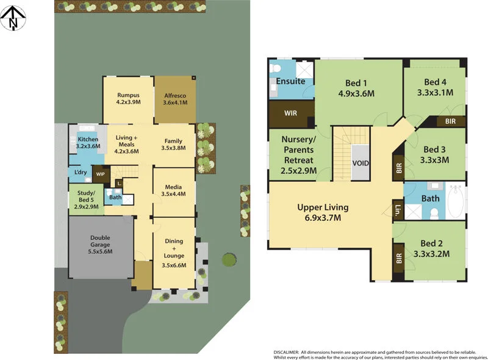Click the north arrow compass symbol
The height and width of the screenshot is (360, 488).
tap(13, 18)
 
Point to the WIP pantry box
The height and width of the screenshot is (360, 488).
tap(100, 175)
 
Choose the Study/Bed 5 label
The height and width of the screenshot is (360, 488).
tap(85, 199)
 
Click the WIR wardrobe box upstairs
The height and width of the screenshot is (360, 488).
tap(291, 113)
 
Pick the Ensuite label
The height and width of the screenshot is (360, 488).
tap(290, 81)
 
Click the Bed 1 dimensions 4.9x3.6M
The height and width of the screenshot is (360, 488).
tap(356, 94)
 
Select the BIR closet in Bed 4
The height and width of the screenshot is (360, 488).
tap(450, 121)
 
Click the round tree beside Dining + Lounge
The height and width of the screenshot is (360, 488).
tap(228, 259)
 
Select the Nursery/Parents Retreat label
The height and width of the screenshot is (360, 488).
tap(299, 155)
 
